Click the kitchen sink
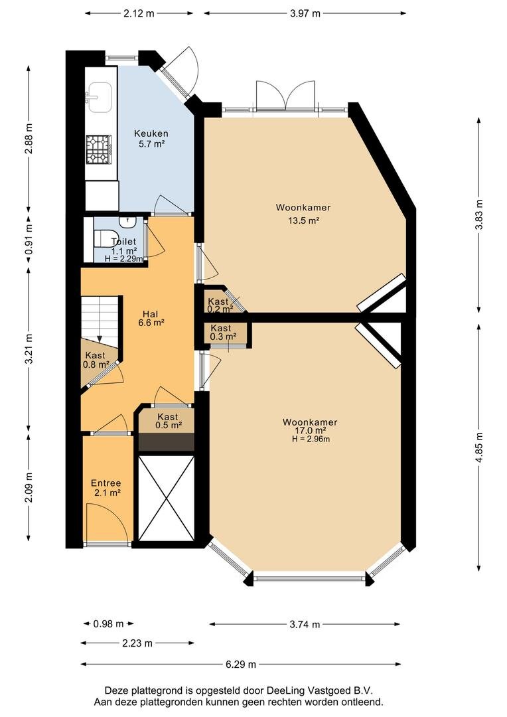99,97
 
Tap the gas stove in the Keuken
99,149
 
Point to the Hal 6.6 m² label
151,318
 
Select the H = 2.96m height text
311,439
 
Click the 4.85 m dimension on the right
478,447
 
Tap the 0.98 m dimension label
108,623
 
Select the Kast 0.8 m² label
96,359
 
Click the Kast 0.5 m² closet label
169,421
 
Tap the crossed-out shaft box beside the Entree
167,497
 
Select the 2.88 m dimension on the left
29,139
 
